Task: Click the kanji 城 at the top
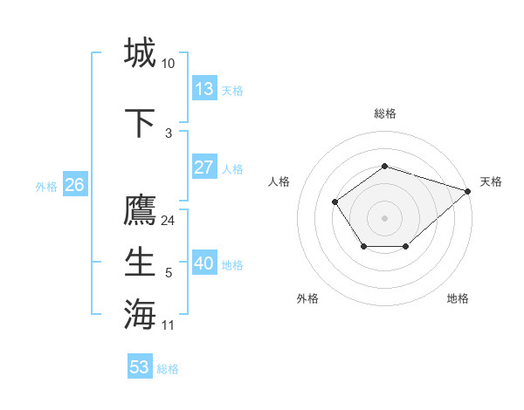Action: tap(140, 52)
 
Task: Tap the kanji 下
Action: tap(140, 122)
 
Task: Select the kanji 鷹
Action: tap(140, 211)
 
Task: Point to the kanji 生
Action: tap(140, 262)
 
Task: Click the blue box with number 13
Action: tap(204, 89)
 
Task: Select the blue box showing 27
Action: tap(204, 167)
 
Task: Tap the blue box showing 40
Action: tap(204, 263)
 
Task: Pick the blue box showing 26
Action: tap(75, 185)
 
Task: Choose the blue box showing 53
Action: tap(140, 367)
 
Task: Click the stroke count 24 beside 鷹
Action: tap(169, 221)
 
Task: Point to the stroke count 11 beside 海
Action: tap(169, 325)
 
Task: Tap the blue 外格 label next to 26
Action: tap(46, 186)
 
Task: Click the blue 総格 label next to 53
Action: tap(168, 369)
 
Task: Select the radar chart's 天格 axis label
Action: tap(491, 181)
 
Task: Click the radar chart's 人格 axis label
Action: tap(279, 181)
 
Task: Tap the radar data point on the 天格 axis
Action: tap(468, 191)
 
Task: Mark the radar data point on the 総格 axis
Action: tap(384, 165)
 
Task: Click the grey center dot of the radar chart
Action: tap(384, 217)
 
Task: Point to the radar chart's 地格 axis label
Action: tap(458, 298)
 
